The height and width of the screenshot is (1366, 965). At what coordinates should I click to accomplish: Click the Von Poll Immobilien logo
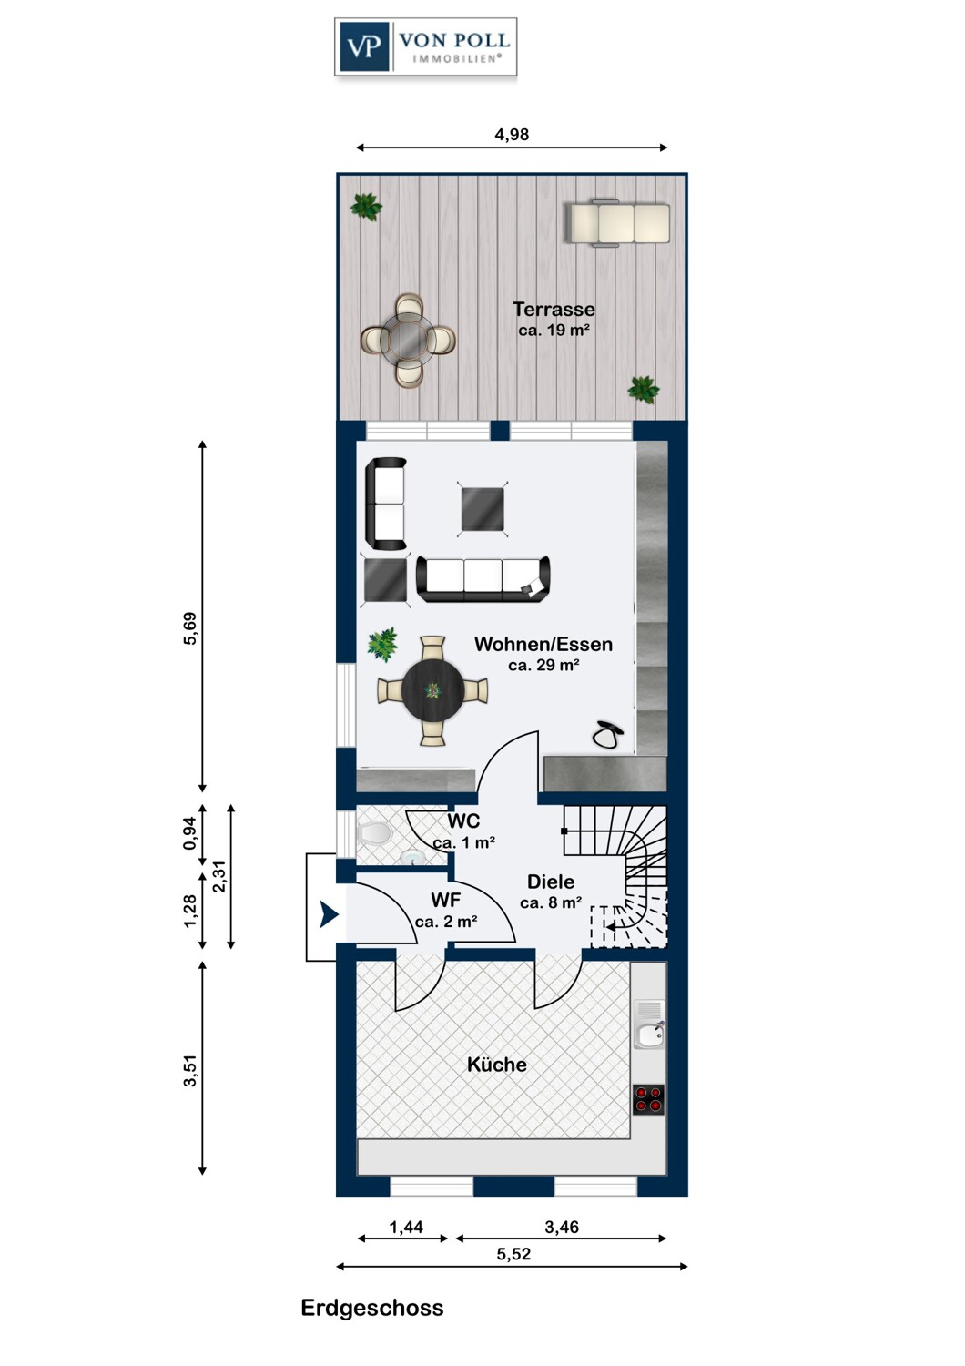(425, 47)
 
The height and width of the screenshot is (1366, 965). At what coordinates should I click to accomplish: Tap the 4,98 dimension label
(512, 134)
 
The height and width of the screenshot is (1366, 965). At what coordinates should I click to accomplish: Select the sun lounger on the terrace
(619, 224)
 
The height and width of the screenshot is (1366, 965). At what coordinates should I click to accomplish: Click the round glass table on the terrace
(408, 340)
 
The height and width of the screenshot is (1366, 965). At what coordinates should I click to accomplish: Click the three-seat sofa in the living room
(482, 578)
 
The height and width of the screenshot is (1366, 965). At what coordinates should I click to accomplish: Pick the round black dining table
(432, 690)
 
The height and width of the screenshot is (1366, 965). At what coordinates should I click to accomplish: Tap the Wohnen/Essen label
(543, 644)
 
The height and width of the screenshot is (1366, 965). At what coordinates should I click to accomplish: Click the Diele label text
(551, 882)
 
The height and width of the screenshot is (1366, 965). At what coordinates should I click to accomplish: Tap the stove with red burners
(648, 1099)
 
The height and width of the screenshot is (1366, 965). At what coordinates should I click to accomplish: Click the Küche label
(497, 1065)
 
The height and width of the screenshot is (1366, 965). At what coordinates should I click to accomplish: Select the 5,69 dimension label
(190, 628)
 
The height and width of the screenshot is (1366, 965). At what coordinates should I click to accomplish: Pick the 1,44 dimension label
(406, 1227)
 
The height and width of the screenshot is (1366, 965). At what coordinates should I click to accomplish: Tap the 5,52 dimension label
(513, 1254)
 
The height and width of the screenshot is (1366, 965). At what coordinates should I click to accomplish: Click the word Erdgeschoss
(372, 1308)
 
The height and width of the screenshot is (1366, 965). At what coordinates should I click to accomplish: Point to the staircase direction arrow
(615, 926)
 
